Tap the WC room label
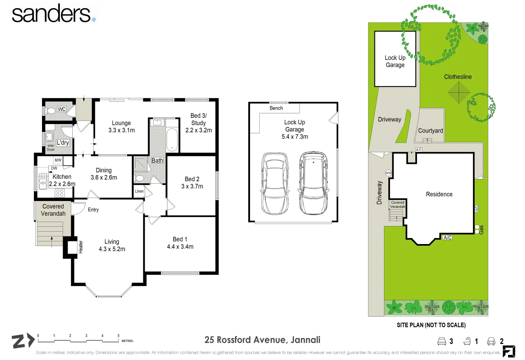pos(62,109)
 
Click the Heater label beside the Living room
pos(81,247)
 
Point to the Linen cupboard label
pos(139,191)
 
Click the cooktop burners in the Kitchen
pos(60,193)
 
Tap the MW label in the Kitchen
pos(58,160)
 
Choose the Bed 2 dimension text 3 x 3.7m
pos(192,186)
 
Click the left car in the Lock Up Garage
pos(275,183)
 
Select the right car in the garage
pos(313,183)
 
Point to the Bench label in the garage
pos(276,108)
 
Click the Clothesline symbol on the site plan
pos(459,92)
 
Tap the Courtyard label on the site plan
pos(431,131)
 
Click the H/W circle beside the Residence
pos(388,173)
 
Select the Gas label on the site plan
pos(481,230)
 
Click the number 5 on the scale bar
pos(118,335)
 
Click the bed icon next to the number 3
pos(442,341)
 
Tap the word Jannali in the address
pos(305,340)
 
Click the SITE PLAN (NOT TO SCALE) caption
pos(431,325)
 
